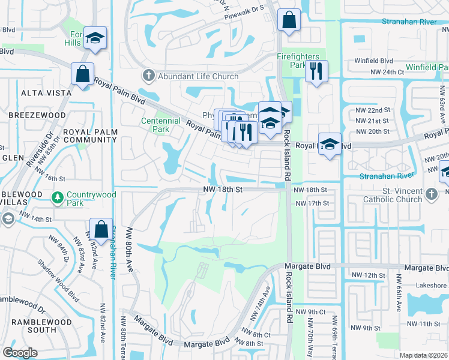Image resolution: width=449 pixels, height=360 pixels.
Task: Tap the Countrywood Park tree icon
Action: [x=58, y=197]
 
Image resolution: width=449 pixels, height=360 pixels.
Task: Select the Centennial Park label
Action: [x=160, y=125]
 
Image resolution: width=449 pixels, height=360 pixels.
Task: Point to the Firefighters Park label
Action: [x=298, y=60]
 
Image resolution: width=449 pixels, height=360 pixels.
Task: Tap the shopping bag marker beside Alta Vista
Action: [x=82, y=74]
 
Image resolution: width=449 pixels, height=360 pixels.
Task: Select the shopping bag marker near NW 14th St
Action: [x=100, y=229]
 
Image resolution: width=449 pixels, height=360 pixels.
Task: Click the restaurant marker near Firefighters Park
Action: [x=316, y=71]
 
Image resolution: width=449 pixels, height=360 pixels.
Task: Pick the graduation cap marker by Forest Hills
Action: [x=95, y=38]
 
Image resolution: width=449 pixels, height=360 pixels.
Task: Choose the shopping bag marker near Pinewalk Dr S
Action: [x=289, y=19]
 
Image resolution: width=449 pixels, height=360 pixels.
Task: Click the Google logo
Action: [x=20, y=352]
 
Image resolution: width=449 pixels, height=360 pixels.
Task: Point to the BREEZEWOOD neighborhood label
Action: [x=37, y=115]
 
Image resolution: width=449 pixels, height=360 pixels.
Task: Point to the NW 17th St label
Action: [x=311, y=203]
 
